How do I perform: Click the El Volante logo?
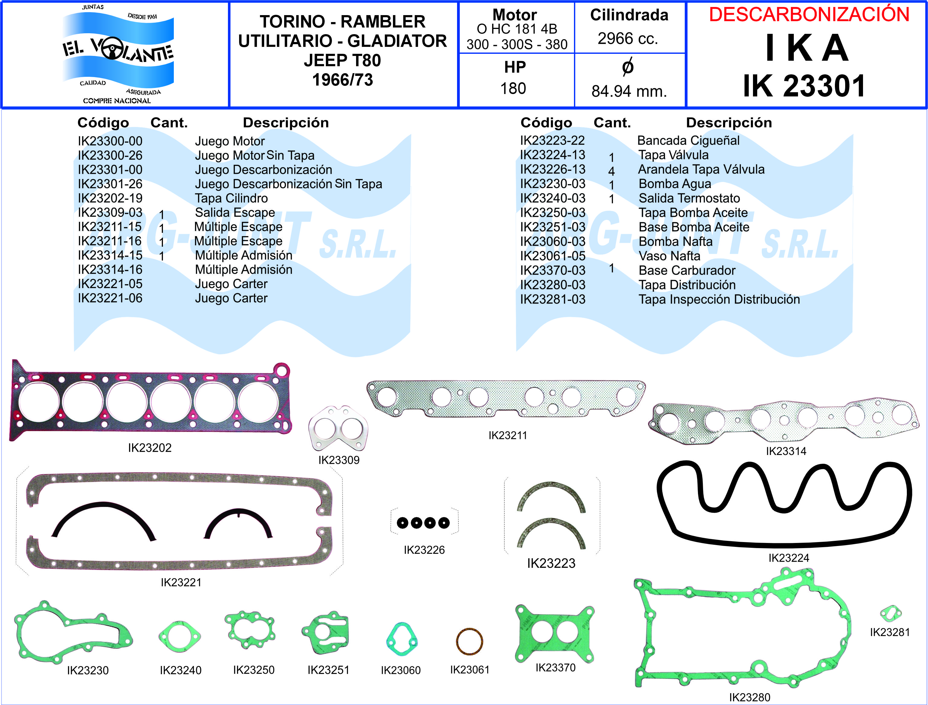118,54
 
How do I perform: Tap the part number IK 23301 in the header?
804,86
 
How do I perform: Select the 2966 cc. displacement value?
628,39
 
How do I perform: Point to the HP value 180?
513,89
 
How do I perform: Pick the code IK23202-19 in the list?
110,198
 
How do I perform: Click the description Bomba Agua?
675,184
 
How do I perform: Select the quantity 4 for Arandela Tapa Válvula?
611,171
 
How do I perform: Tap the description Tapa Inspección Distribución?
719,299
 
